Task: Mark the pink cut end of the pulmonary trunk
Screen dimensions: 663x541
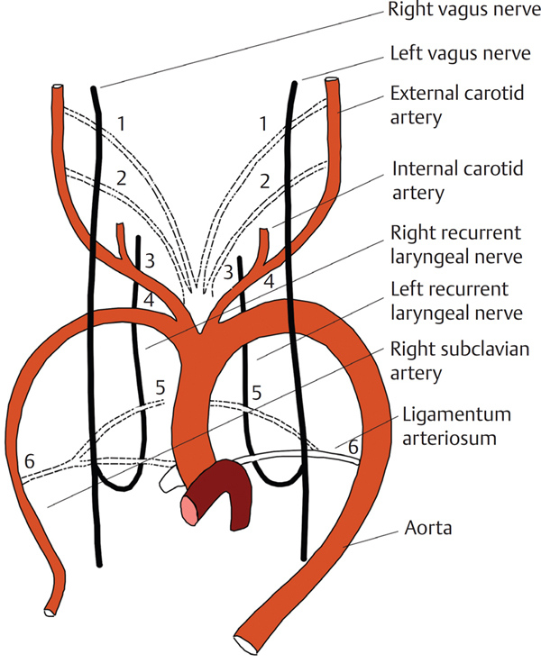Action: [191, 510]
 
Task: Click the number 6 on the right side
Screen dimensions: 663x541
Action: [353, 445]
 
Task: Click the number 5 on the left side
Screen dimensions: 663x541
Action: [160, 388]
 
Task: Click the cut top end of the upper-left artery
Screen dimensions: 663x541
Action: [57, 90]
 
